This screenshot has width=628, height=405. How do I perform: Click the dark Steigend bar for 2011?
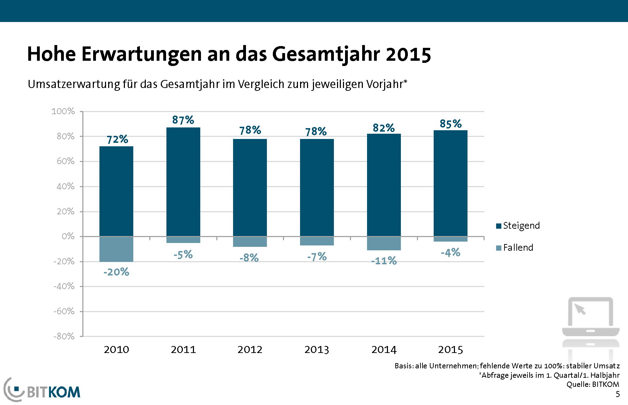click(x=183, y=182)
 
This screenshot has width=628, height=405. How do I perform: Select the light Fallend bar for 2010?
click(x=116, y=249)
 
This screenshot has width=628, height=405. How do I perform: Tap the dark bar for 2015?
click(x=450, y=183)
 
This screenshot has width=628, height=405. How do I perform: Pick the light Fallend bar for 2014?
click(x=384, y=243)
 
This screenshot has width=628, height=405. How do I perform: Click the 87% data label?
click(x=183, y=120)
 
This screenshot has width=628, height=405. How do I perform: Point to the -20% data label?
click(x=116, y=272)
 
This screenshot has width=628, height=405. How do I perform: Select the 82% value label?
click(x=383, y=128)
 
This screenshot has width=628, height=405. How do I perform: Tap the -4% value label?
click(x=450, y=252)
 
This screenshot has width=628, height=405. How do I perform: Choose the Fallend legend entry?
click(x=515, y=248)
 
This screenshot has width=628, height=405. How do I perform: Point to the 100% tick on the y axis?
click(x=63, y=111)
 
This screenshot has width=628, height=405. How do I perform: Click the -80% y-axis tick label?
click(x=64, y=336)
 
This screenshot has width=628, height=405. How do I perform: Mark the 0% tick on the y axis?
click(x=68, y=236)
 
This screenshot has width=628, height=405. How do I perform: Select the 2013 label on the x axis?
click(x=316, y=349)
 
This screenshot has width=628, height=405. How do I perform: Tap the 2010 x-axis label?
click(x=116, y=349)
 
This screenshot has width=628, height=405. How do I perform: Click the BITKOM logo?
click(x=42, y=390)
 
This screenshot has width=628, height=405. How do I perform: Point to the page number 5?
click(x=618, y=394)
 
